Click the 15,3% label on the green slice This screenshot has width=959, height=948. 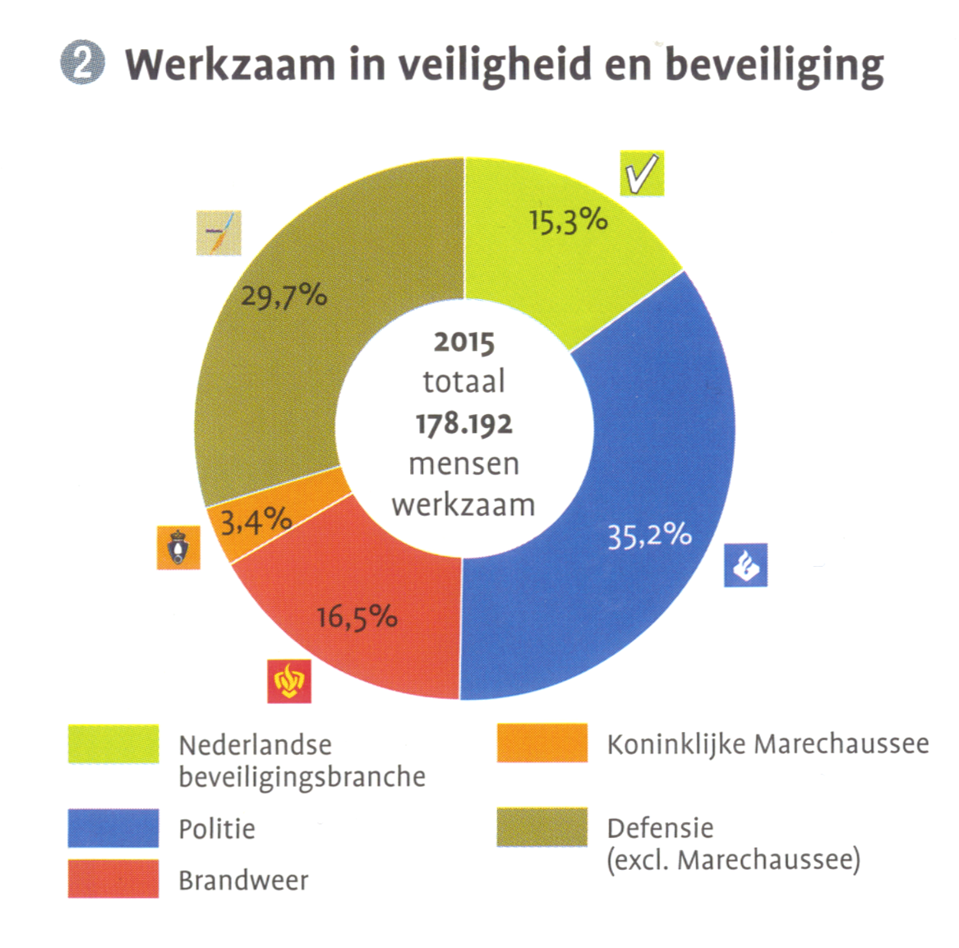pyautogui.click(x=568, y=220)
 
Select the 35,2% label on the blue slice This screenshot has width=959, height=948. pyautogui.click(x=649, y=535)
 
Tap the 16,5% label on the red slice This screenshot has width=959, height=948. pyautogui.click(x=357, y=617)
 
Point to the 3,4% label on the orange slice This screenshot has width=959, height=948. pyautogui.click(x=256, y=520)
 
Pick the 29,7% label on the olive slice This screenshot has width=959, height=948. pyautogui.click(x=284, y=295)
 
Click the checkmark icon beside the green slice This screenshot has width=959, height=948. pyautogui.click(x=642, y=173)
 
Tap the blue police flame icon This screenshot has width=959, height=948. pyautogui.click(x=745, y=565)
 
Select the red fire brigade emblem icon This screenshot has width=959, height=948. pyautogui.click(x=289, y=681)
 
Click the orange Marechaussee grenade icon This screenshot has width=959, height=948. pyautogui.click(x=178, y=547)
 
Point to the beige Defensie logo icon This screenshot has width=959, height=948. pyautogui.click(x=219, y=233)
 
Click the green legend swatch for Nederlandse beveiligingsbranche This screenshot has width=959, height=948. pyautogui.click(x=113, y=744)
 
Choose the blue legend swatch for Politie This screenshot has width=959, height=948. pyautogui.click(x=113, y=828)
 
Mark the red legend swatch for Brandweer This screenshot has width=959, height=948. pyautogui.click(x=113, y=879)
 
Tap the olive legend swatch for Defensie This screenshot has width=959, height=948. pyautogui.click(x=542, y=827)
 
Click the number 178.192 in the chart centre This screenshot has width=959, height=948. pyautogui.click(x=464, y=424)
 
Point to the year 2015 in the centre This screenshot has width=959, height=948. pyautogui.click(x=464, y=342)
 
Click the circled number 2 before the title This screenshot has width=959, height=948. pyautogui.click(x=82, y=63)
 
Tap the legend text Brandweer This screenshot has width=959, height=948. pyautogui.click(x=243, y=881)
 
